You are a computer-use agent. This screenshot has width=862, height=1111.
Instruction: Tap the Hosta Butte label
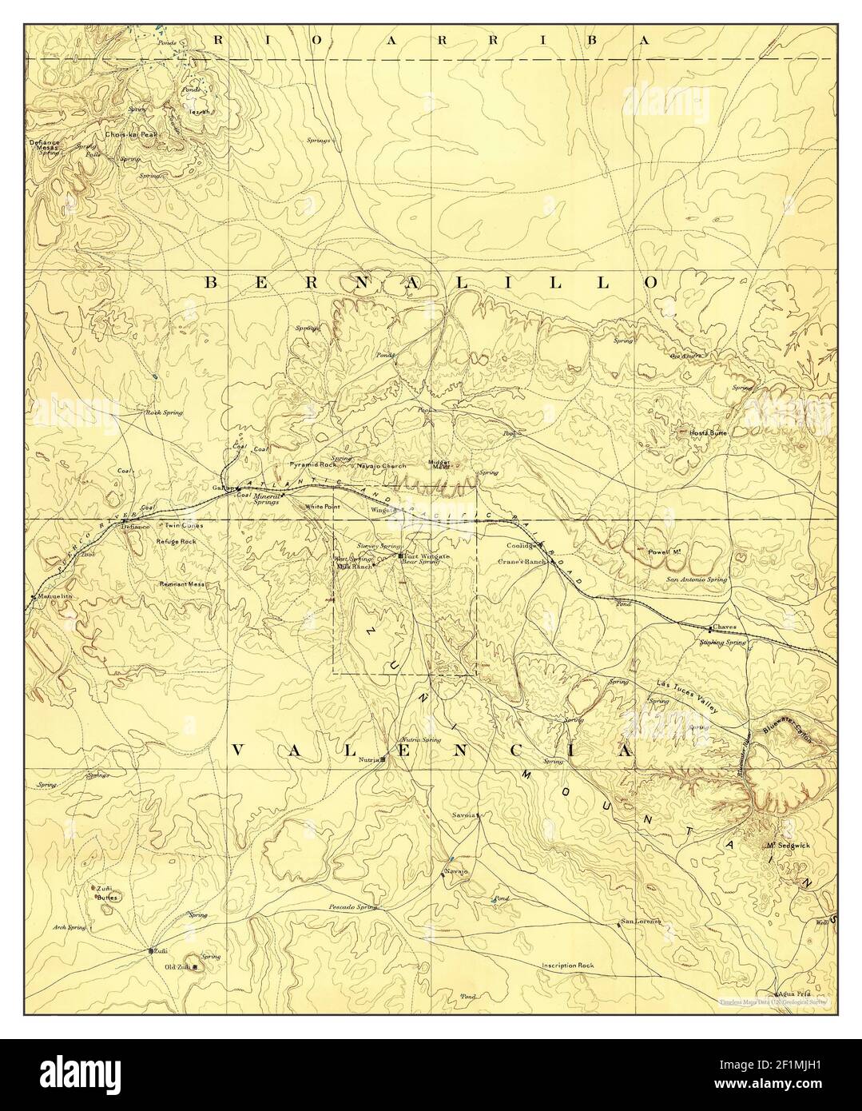pyautogui.click(x=708, y=432)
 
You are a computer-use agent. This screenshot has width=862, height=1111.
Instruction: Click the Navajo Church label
pyautogui.click(x=381, y=466)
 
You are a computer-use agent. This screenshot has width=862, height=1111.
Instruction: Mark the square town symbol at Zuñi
pyautogui.click(x=151, y=951)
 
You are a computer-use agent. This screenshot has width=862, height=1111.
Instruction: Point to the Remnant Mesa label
pyautogui.click(x=183, y=584)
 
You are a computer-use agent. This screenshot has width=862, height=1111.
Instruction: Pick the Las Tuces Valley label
pyautogui.click(x=689, y=696)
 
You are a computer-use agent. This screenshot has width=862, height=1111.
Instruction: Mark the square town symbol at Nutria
pyautogui.click(x=383, y=759)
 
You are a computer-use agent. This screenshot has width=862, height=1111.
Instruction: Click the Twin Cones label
pyautogui.click(x=184, y=526)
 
